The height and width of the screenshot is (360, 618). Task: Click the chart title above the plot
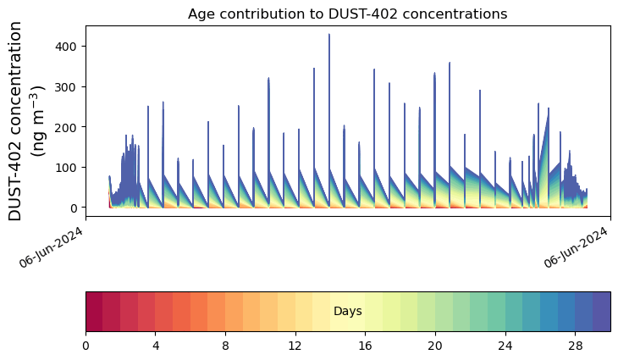347,14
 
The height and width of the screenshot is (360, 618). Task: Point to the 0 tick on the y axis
72,208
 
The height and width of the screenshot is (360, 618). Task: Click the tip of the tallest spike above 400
329,35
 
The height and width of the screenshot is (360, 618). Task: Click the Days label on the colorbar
347,312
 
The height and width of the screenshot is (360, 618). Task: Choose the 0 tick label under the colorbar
86,347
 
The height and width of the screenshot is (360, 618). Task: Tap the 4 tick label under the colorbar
156,347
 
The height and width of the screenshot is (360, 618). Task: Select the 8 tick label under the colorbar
225,347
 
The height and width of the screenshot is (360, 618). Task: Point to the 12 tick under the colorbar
295,347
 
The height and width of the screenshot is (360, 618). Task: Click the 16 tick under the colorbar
365,347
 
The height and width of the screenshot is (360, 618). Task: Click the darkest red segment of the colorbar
94,312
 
